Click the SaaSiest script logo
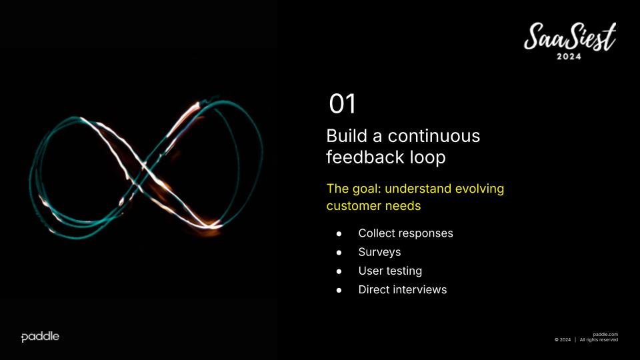point(570,37)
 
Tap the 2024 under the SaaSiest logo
point(569,57)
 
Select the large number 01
point(343,104)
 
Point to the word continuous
point(434,136)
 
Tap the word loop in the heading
point(428,158)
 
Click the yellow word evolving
point(479,189)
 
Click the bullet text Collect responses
point(406,233)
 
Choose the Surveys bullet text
point(379,252)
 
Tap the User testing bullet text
point(390,271)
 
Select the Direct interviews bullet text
point(403,290)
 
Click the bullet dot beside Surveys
point(339,253)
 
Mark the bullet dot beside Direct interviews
point(339,290)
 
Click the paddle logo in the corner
point(40,337)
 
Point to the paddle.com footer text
point(605,334)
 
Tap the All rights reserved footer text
point(599,339)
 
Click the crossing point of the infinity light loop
point(143,167)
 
